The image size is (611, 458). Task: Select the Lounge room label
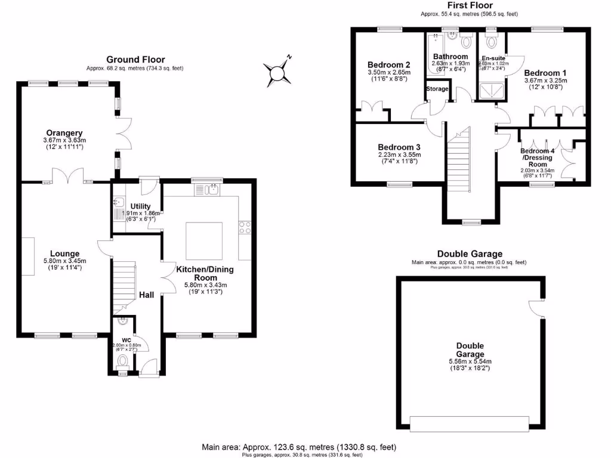click(x=65, y=253)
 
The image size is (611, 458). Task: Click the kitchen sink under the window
click(x=211, y=190)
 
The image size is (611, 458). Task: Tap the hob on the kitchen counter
click(x=245, y=227)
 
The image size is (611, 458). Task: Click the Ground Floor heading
click(x=135, y=59)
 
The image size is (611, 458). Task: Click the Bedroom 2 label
click(x=388, y=65)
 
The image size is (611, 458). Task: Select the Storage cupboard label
click(x=437, y=89)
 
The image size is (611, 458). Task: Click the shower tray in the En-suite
click(x=491, y=91)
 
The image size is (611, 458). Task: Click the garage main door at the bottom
click(x=469, y=423)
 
